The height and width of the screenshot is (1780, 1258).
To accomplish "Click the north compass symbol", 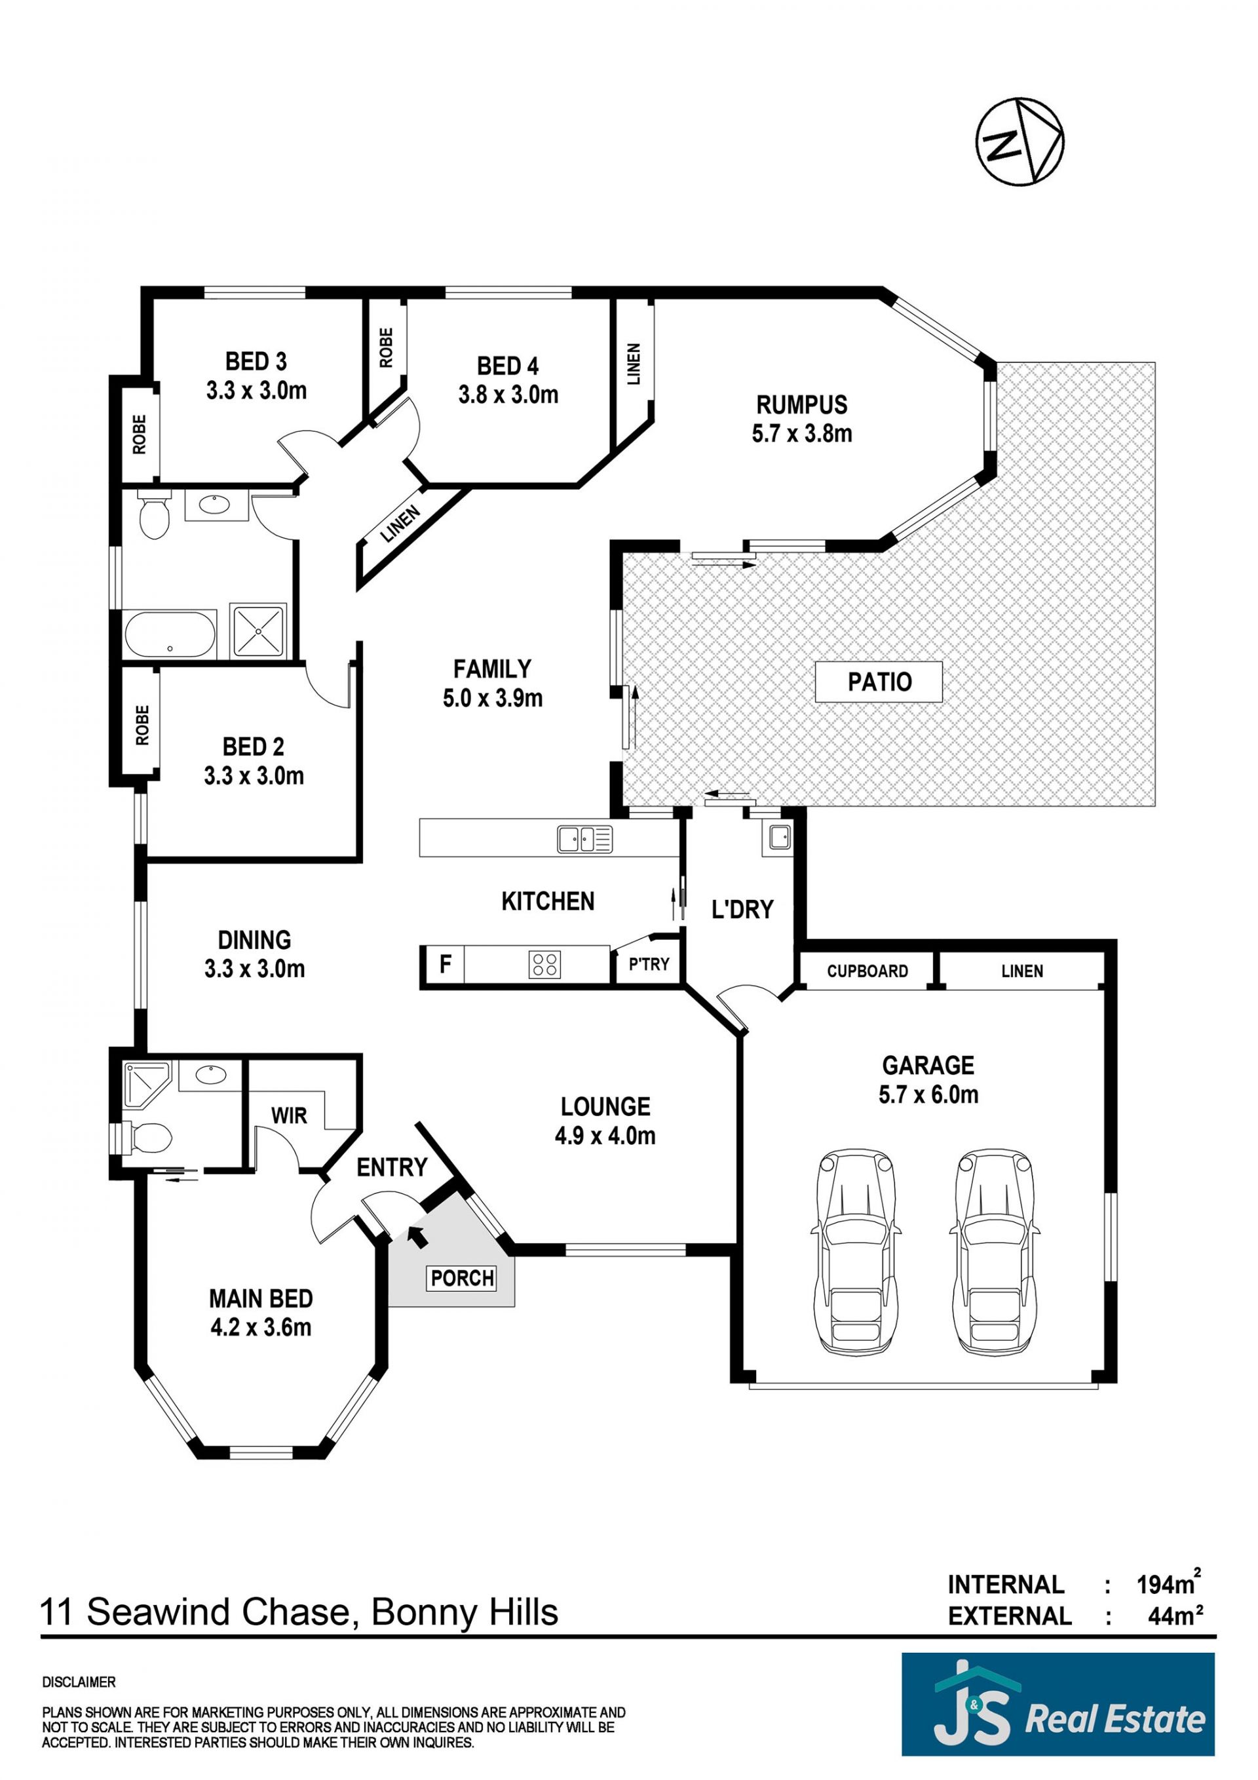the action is [1020, 142].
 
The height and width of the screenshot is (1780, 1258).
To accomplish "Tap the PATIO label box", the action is [879, 682].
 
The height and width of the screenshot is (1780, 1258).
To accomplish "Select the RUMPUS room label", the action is [801, 404].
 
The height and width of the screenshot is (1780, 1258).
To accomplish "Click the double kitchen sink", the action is [584, 839].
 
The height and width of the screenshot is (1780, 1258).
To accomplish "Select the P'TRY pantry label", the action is [649, 965].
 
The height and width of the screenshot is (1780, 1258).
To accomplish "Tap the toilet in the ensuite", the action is [147, 1139].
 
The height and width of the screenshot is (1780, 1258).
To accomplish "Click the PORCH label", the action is [463, 1277].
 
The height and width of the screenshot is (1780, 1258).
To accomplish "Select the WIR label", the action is [289, 1115].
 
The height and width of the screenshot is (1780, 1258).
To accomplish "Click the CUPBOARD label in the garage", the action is [867, 971].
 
